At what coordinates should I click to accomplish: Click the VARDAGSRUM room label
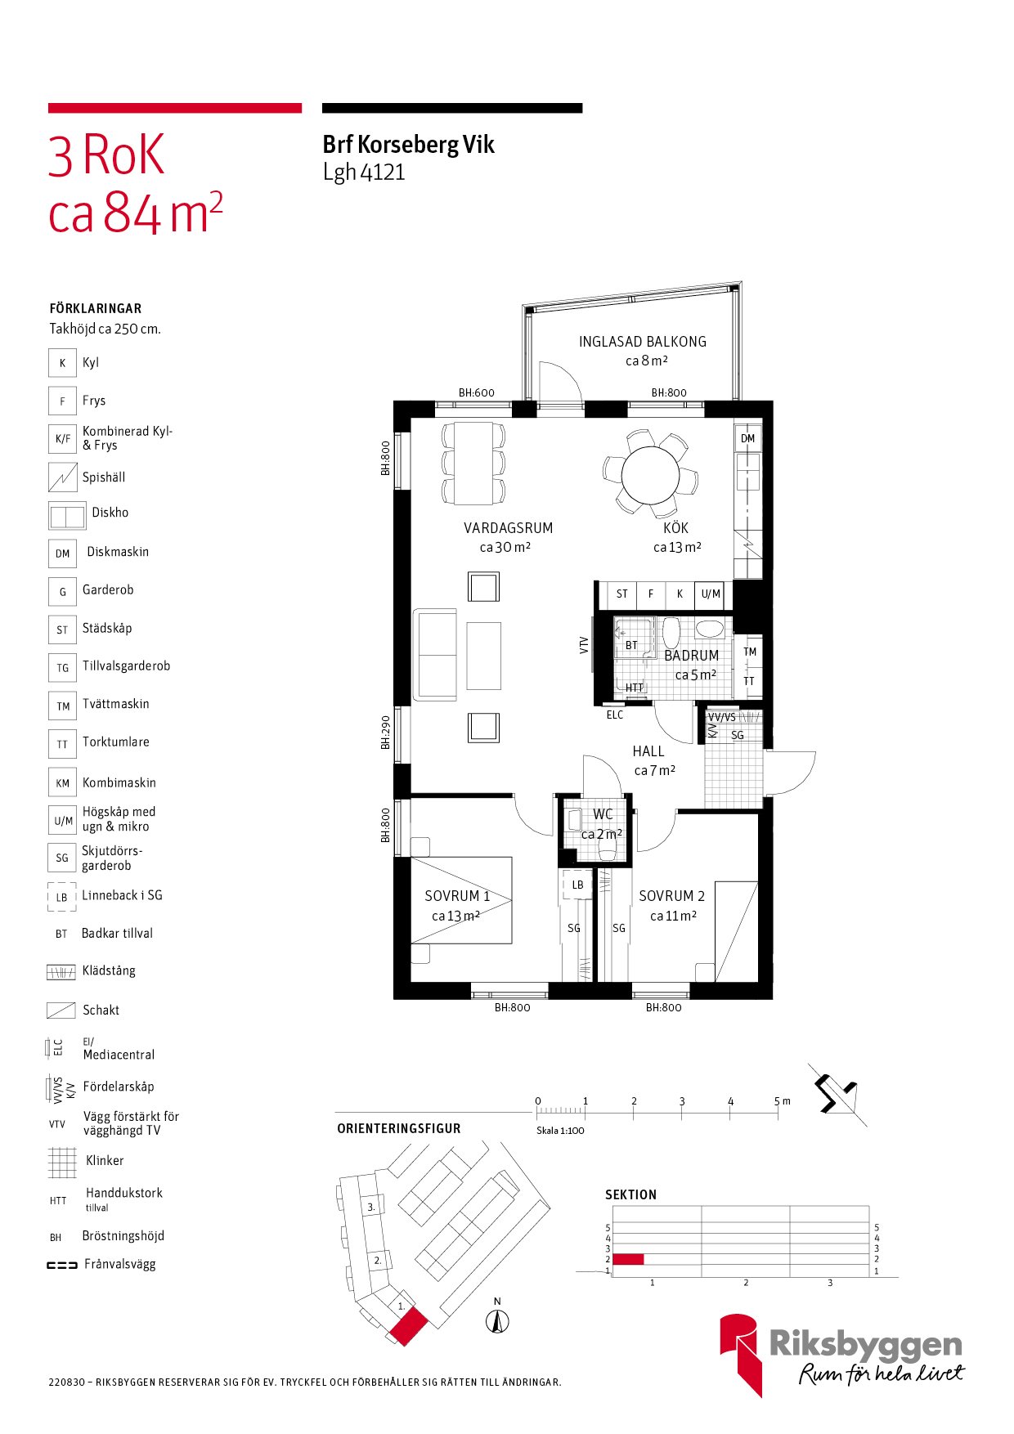508,528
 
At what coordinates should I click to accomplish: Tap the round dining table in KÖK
650,476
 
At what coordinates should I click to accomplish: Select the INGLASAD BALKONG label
642,342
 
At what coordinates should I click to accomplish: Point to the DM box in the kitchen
747,439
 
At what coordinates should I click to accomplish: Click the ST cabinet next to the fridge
622,594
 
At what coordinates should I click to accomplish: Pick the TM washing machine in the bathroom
750,652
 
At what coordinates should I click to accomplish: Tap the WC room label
603,814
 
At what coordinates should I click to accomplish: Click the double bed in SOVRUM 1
460,900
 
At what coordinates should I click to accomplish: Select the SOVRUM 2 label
671,896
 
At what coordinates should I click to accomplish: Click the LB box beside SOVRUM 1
577,885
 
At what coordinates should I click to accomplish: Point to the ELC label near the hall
615,715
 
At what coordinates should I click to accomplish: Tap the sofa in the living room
435,654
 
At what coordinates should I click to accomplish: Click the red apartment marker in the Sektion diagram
628,1259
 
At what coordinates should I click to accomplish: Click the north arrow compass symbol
497,1321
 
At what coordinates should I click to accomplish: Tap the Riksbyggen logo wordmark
865,1345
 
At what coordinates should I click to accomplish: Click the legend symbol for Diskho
66,517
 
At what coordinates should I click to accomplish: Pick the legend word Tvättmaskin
115,704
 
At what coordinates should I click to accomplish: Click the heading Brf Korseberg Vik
408,146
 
